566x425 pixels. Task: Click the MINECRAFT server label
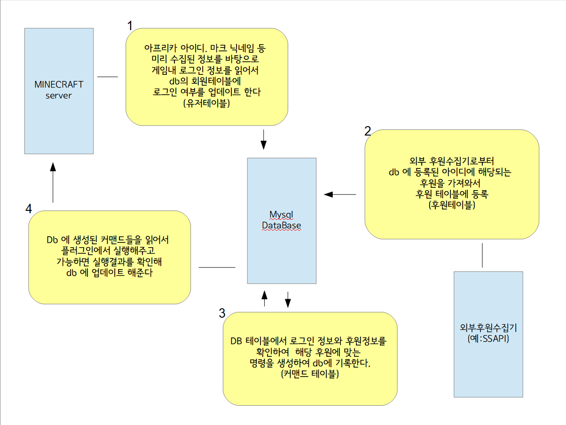[x=59, y=90]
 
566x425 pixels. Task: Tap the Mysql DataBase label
[x=282, y=220]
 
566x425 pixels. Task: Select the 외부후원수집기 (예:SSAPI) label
[x=488, y=333]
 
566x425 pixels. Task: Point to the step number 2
[x=368, y=131]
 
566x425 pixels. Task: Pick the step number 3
[x=222, y=313]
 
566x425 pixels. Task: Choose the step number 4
[x=29, y=208]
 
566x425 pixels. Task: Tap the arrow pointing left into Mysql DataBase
[x=340, y=194]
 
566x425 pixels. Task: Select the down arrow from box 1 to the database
[x=263, y=139]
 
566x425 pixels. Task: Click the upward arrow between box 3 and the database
[x=264, y=298]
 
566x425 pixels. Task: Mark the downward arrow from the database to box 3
[x=288, y=298]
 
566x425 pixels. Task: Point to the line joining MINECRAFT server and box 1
[x=107, y=76]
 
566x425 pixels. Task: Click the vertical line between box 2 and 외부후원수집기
[x=483, y=256]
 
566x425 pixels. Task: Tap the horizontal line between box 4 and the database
[x=217, y=267]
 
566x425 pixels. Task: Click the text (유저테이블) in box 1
[x=207, y=104]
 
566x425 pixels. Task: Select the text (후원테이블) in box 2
[x=452, y=205]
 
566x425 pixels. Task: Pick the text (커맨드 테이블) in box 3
[x=310, y=375]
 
